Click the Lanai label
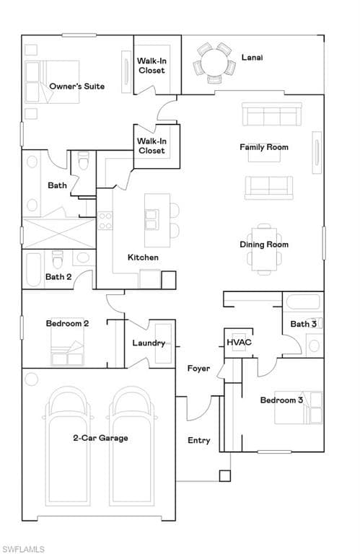pyautogui.click(x=252, y=56)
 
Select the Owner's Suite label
pyautogui.click(x=76, y=87)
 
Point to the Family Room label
pyautogui.click(x=264, y=147)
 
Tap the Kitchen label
pyautogui.click(x=143, y=258)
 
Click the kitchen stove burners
pyautogui.click(x=105, y=220)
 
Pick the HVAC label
pyautogui.click(x=239, y=342)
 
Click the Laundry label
pyautogui.click(x=149, y=343)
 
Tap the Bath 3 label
pyautogui.click(x=303, y=324)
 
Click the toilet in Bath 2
pyautogui.click(x=58, y=258)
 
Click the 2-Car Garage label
pyautogui.click(x=100, y=438)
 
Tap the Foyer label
pyautogui.click(x=198, y=369)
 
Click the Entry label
pyautogui.click(x=199, y=440)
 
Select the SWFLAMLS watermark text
pyautogui.click(x=23, y=549)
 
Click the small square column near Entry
pyautogui.click(x=225, y=475)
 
